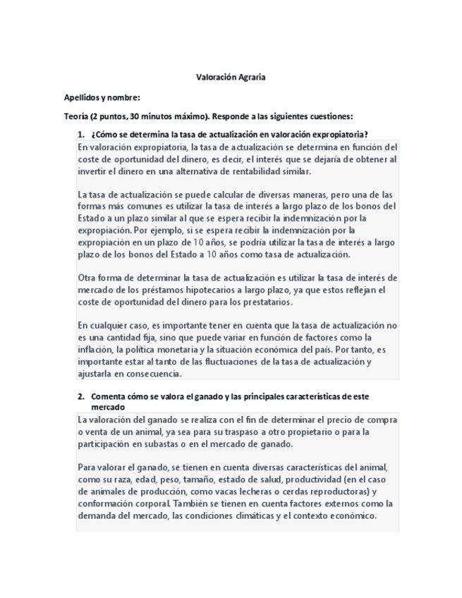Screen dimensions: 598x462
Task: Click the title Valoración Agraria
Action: pyautogui.click(x=231, y=77)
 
